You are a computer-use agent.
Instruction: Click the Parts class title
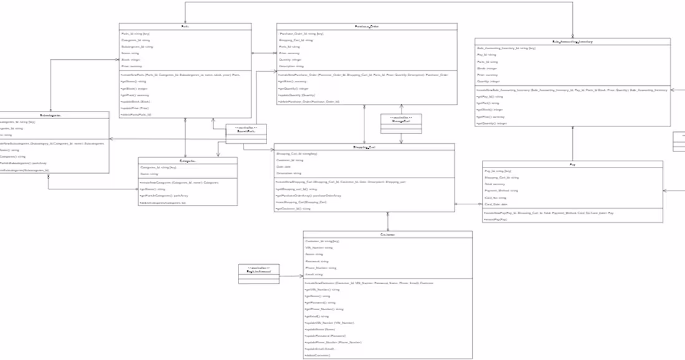pyautogui.click(x=185, y=27)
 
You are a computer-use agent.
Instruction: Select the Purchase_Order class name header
pyautogui.click(x=367, y=27)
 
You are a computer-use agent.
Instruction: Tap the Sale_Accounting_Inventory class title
pyautogui.click(x=572, y=42)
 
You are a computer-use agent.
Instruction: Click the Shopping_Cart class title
pyautogui.click(x=364, y=147)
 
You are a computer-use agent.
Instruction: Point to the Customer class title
pyautogui.click(x=387, y=235)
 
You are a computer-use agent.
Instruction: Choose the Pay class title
pyautogui.click(x=572, y=164)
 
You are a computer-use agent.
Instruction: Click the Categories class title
pyautogui.click(x=187, y=161)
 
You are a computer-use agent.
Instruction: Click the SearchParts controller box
pyautogui.click(x=245, y=130)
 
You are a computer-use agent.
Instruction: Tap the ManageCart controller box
pyautogui.click(x=401, y=119)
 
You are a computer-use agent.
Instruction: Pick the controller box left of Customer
pyautogui.click(x=259, y=272)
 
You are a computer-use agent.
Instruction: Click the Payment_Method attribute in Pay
pyautogui.click(x=501, y=191)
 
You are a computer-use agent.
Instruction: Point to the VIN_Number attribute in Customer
pyautogui.click(x=319, y=247)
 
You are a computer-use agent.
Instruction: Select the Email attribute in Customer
pyautogui.click(x=314, y=274)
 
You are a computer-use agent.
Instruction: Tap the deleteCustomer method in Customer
pyautogui.click(x=317, y=355)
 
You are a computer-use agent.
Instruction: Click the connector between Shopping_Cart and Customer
pyautogui.click(x=387, y=221)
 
